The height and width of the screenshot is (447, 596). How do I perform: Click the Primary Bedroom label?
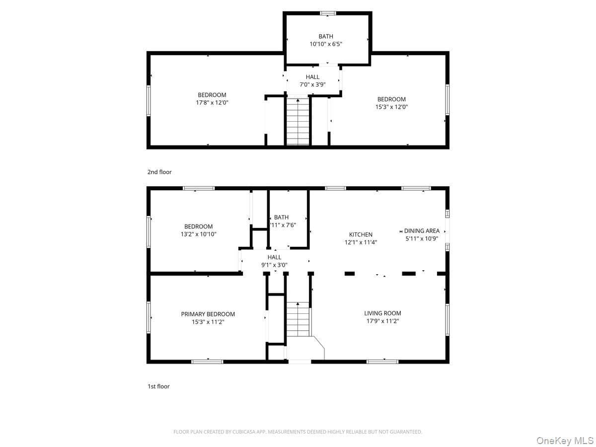208,314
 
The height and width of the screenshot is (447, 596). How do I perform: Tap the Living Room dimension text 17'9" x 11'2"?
382,321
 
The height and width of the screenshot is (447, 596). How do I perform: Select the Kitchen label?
361,234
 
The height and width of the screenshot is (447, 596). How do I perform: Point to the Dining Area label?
422,230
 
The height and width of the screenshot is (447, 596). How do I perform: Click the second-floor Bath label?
326,36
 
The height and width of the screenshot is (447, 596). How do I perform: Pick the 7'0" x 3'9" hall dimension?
312,84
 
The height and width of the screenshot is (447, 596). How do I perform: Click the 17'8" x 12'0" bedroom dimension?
212,103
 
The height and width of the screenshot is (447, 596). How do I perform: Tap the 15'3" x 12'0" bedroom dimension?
391,107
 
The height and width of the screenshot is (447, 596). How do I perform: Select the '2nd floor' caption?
159,172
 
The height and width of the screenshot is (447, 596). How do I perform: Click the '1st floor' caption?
158,386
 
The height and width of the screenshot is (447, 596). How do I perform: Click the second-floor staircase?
298,121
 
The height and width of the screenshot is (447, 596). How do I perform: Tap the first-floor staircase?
298,319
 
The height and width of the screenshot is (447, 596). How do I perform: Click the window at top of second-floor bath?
328,13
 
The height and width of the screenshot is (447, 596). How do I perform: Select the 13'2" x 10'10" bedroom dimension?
199,234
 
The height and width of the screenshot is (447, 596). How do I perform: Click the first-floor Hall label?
274,257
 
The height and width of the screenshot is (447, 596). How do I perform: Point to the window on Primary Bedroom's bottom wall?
207,362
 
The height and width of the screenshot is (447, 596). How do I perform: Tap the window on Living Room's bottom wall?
382,362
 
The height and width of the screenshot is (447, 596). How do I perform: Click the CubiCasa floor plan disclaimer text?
298,432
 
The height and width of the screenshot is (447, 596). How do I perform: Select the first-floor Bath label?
281,217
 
